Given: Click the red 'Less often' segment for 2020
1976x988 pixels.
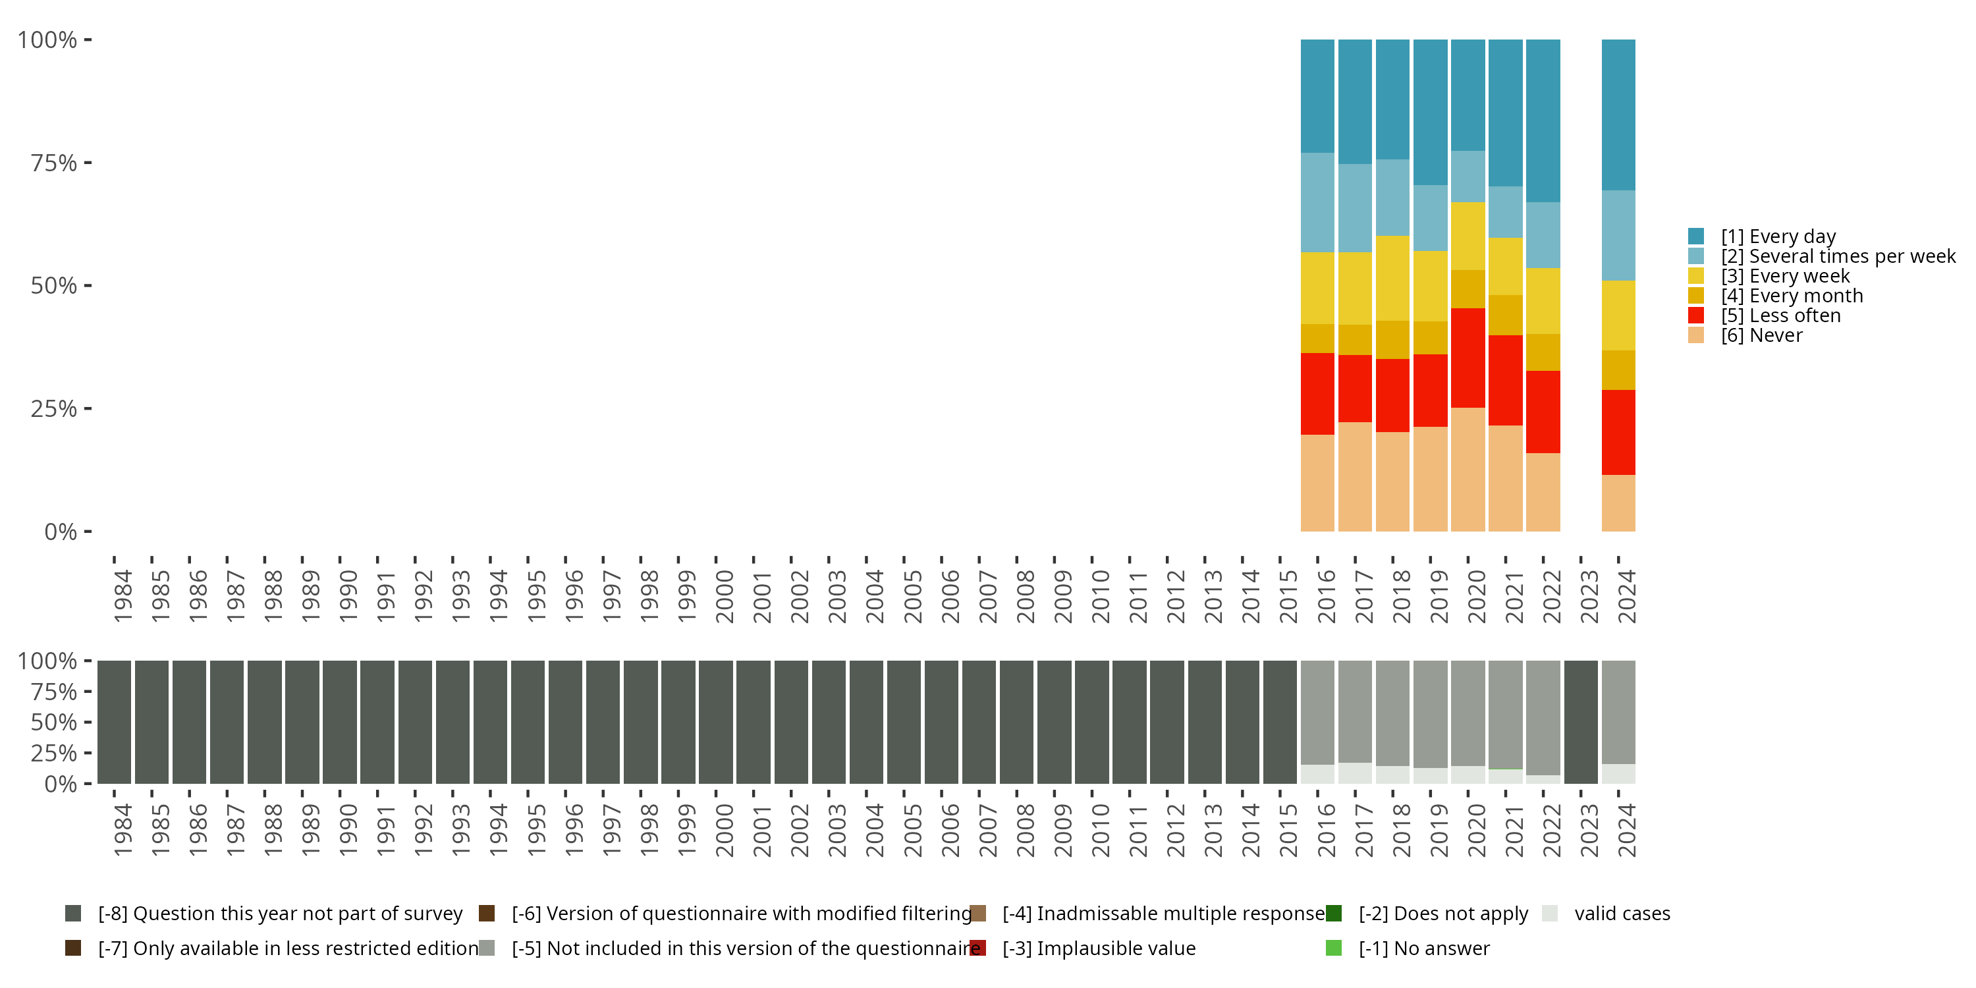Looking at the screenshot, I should (1468, 358).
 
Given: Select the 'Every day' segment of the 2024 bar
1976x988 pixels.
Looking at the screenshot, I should (1618, 115).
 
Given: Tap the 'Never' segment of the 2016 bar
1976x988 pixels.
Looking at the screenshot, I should (1317, 483).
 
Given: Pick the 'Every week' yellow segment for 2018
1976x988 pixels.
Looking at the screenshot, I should (1392, 278).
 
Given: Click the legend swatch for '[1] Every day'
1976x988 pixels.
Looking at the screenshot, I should (1696, 236).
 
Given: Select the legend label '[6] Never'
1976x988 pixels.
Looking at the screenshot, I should (1761, 336).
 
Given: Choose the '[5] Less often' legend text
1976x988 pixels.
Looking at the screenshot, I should (1780, 316).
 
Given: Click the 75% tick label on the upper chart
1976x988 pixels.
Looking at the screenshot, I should (54, 163).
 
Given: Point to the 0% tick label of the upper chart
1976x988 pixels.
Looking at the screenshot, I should (61, 532).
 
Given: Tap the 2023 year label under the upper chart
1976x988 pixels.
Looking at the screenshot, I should (1589, 596).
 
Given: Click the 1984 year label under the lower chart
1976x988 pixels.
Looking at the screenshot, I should (123, 830).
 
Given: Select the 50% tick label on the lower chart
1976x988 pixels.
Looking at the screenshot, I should (54, 723).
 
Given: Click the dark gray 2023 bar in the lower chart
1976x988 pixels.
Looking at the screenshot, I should (1580, 722).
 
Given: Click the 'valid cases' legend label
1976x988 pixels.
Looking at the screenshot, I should (1622, 914).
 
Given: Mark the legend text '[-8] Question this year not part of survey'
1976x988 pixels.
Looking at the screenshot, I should (280, 914).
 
